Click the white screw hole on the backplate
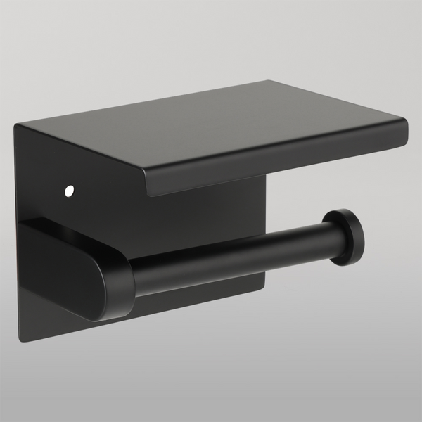69,190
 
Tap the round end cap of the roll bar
347,237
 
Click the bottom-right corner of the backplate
264,287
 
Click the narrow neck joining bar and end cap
328,241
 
